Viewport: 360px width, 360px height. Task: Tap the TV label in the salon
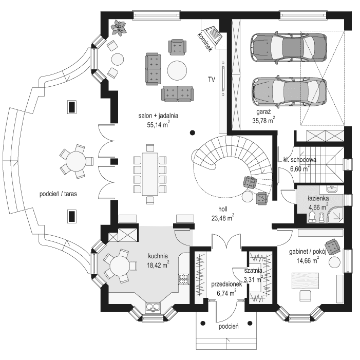[211, 80]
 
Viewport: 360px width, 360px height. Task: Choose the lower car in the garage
[289, 91]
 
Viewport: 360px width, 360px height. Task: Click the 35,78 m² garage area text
[263, 121]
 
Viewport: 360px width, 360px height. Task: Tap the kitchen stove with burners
[184, 279]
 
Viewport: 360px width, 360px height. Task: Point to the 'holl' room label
[222, 210]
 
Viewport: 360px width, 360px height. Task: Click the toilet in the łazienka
[321, 218]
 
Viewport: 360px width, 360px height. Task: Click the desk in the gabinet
[308, 281]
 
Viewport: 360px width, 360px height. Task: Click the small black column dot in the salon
[192, 131]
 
